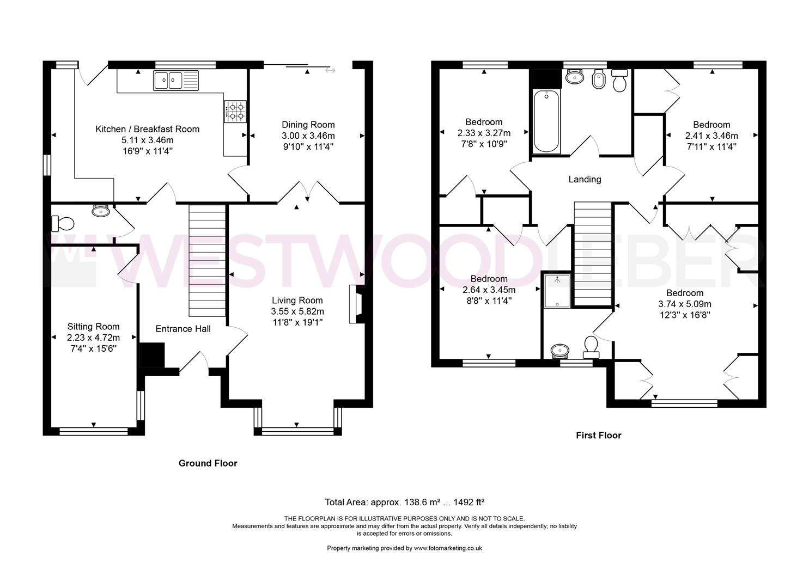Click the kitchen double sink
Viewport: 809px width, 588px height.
[176, 80]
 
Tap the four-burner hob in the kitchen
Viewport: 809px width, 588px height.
[235, 111]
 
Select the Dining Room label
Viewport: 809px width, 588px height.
[308, 125]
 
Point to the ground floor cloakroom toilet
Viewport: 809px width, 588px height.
[63, 224]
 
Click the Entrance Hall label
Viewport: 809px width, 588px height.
[183, 329]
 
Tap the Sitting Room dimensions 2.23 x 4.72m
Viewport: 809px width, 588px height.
[93, 338]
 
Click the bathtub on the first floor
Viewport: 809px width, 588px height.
[546, 121]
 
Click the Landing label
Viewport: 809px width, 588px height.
[585, 180]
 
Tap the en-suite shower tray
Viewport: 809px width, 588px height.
[557, 291]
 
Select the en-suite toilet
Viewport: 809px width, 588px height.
[591, 347]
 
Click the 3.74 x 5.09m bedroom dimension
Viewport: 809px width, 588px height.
[685, 304]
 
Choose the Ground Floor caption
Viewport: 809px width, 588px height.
[208, 463]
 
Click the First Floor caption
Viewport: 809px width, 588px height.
[599, 436]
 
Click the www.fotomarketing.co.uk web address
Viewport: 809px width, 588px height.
[448, 548]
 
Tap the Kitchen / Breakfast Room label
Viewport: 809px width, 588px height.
[147, 129]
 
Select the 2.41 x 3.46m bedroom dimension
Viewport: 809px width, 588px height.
[711, 136]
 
